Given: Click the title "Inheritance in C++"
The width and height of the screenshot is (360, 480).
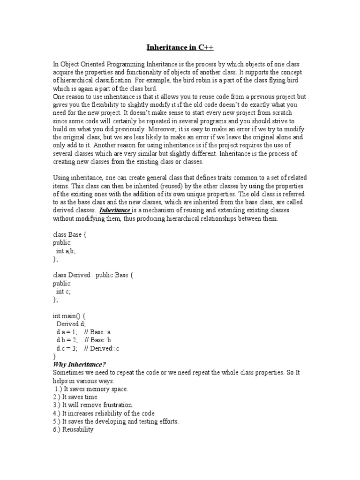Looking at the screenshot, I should [x=180, y=48].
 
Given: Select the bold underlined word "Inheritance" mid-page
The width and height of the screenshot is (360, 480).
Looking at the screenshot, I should [x=114, y=210].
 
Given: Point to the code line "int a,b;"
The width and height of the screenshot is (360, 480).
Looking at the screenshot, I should [x=66, y=251].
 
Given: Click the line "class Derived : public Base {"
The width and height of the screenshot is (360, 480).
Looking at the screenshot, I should [x=93, y=275].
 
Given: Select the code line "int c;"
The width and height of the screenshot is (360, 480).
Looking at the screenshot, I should [x=63, y=292].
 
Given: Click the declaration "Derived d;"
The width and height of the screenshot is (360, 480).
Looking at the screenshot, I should [x=71, y=324].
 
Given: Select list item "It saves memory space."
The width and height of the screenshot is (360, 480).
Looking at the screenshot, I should [x=98, y=389].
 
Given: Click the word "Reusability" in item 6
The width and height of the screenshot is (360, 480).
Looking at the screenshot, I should [x=78, y=429].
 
